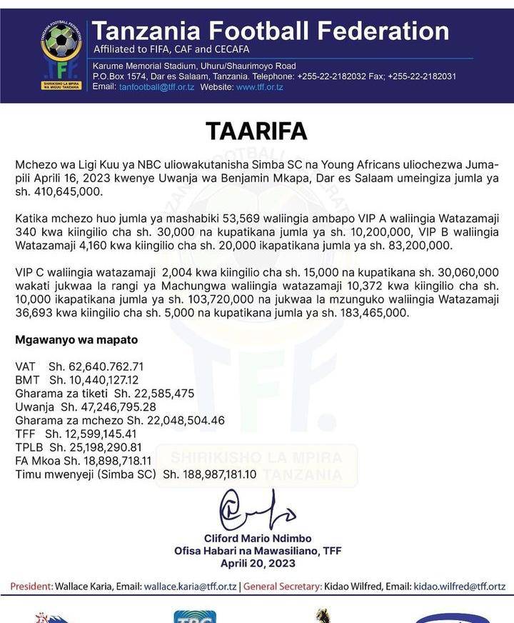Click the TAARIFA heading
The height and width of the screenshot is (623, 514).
[256, 131]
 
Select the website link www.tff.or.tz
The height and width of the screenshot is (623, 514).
[260, 87]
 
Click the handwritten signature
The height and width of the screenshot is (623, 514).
[256, 514]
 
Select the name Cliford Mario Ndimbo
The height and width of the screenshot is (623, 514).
[257, 538]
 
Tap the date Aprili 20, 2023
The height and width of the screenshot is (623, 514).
[257, 562]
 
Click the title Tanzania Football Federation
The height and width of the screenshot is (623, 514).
[271, 31]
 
